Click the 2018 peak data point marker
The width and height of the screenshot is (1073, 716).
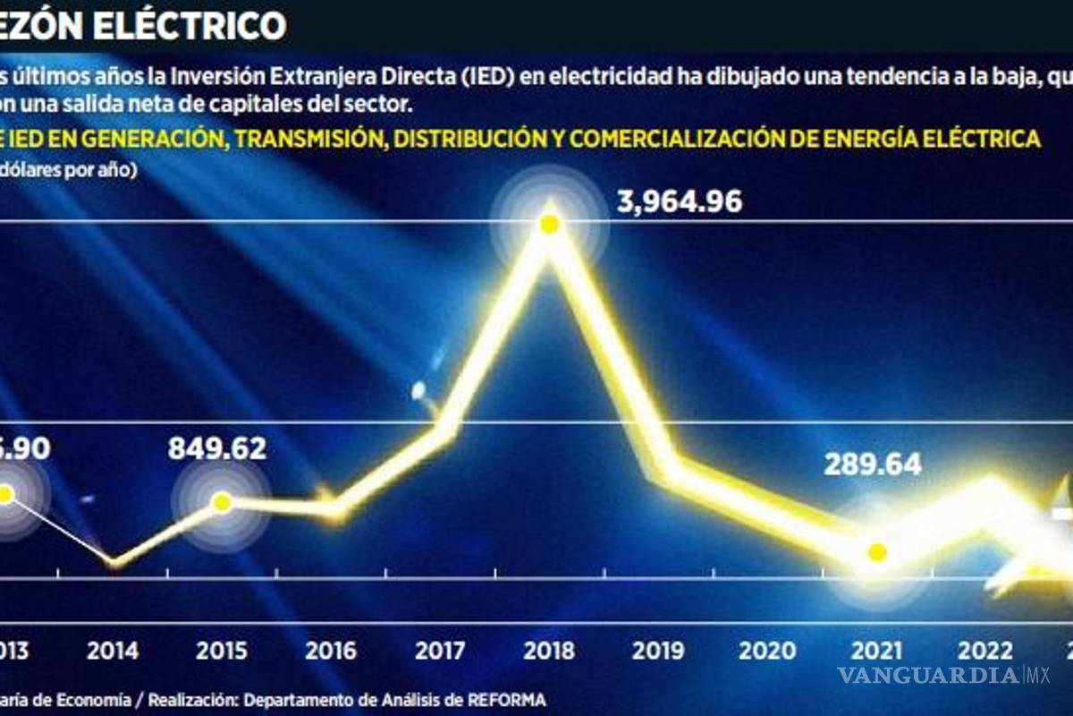tap(550, 224)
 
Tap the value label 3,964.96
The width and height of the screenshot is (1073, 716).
tap(680, 201)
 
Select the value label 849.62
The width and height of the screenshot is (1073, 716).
tap(217, 447)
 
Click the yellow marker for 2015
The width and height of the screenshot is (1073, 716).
tap(222, 502)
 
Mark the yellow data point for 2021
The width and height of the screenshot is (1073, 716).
tap(877, 552)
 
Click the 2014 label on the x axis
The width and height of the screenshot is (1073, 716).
tap(113, 651)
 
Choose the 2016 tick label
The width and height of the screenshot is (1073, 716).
tap(331, 651)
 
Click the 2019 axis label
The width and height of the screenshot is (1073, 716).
tap(659, 651)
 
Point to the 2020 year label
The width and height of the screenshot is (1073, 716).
tap(768, 651)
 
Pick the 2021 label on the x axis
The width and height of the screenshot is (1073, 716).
tap(877, 651)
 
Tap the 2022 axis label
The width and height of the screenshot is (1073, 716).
tap(986, 651)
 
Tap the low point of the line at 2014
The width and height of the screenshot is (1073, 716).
tap(114, 562)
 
